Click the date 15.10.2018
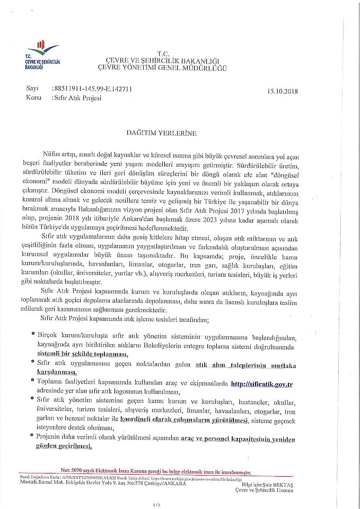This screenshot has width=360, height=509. [284, 91]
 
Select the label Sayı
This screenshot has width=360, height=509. [31, 89]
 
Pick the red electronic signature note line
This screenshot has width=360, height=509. [156, 471]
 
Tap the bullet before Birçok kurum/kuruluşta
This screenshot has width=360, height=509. [33, 335]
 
